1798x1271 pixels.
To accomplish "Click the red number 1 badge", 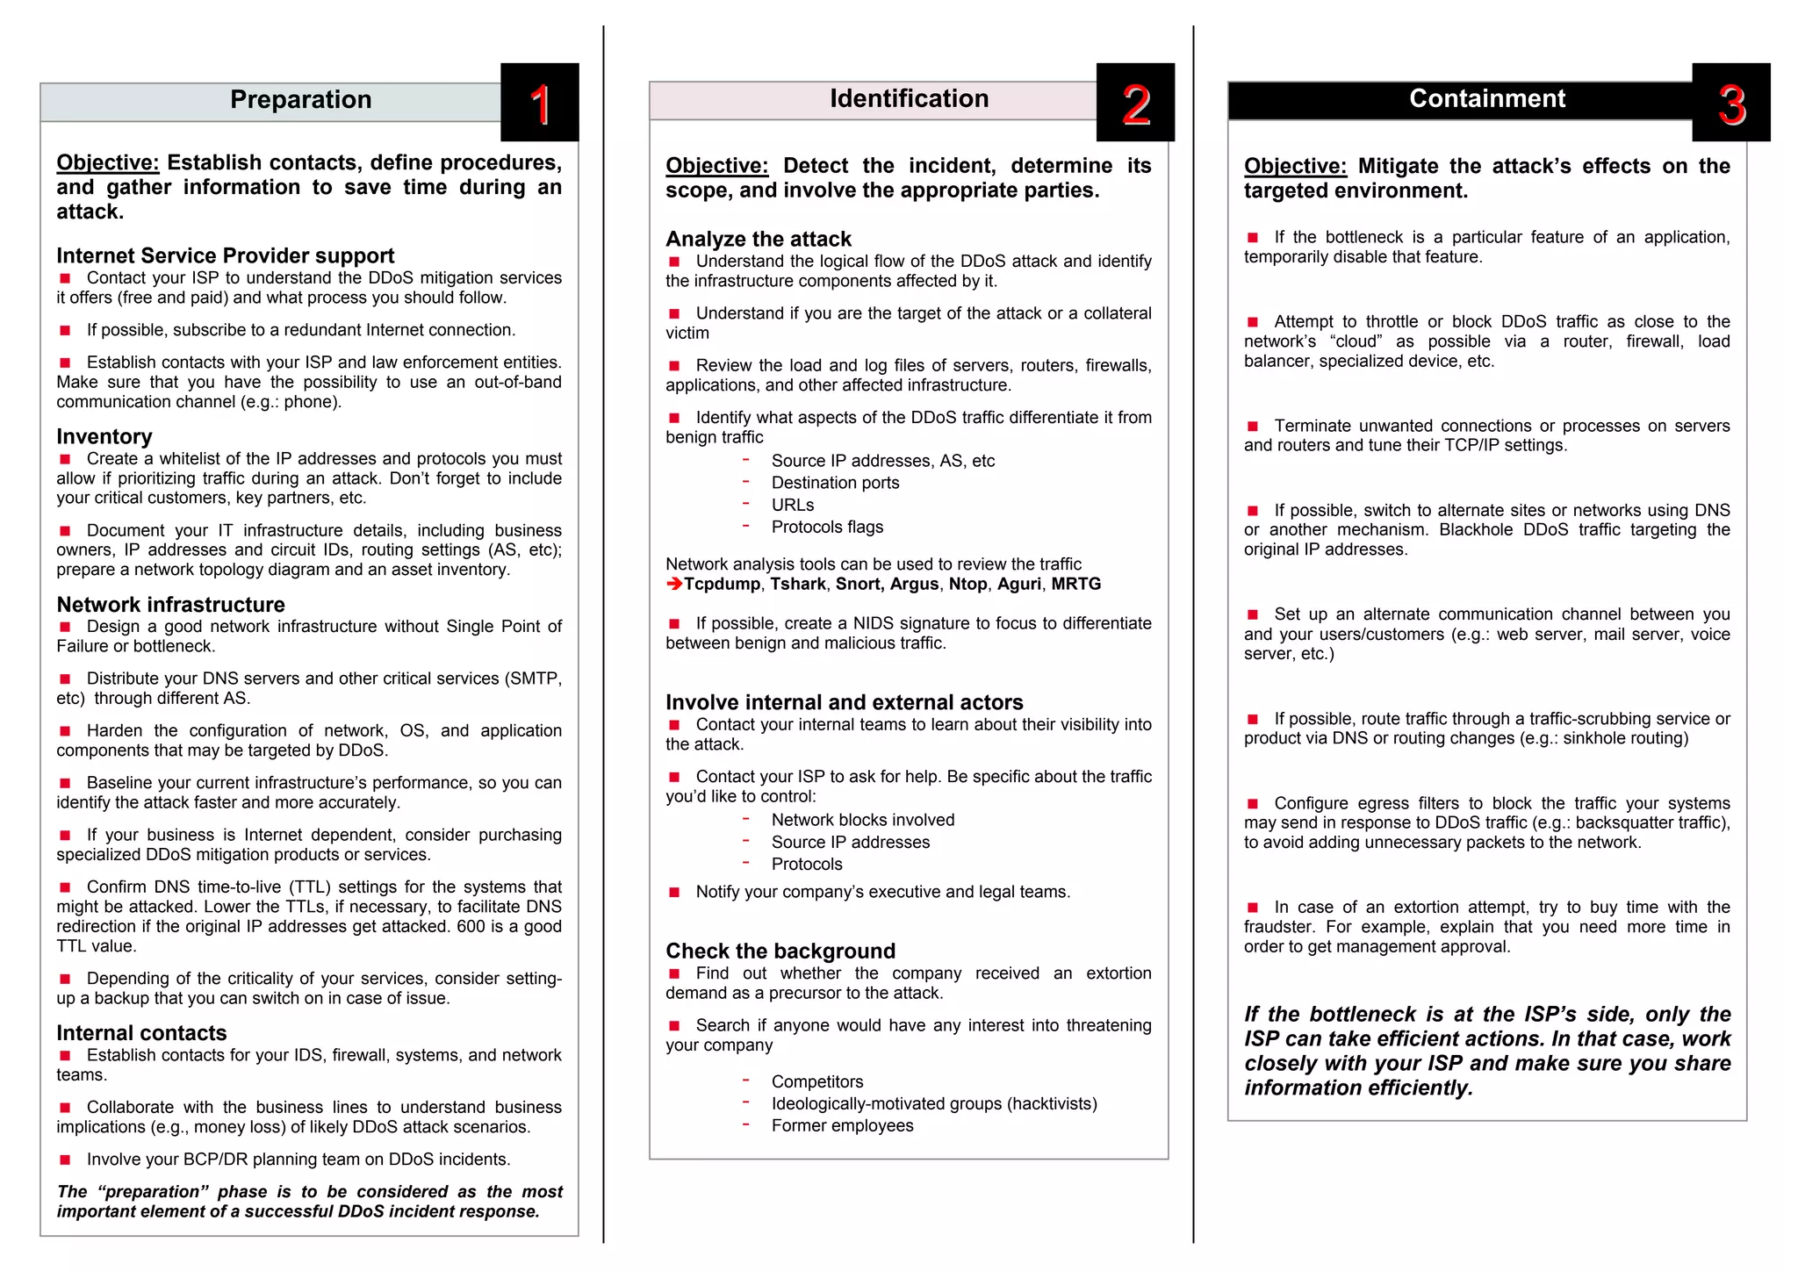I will point(540,104).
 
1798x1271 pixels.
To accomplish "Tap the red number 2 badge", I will point(1135,104).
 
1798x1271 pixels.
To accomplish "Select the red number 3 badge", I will point(1730,104).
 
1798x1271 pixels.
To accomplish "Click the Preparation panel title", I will point(300,100).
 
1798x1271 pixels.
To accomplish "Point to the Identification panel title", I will point(909,99).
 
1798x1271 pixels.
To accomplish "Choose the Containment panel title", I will point(1486,99).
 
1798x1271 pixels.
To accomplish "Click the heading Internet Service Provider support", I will point(225,255).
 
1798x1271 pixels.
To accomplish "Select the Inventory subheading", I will point(104,436).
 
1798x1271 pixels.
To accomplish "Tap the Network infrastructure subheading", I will point(170,604).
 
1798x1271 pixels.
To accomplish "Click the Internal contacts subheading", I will point(141,1032).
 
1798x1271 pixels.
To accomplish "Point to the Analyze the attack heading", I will point(758,239).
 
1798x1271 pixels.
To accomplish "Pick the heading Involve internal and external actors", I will point(844,702).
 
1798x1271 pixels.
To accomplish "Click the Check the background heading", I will point(780,951).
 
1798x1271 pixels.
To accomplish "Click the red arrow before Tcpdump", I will point(673,584).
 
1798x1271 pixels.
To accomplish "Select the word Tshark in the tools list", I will point(797,584).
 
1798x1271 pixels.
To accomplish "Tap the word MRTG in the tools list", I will point(1075,584).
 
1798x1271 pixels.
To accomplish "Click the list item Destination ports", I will point(835,483).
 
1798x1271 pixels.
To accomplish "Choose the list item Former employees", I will point(842,1125).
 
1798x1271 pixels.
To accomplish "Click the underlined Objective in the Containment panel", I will point(1294,166).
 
